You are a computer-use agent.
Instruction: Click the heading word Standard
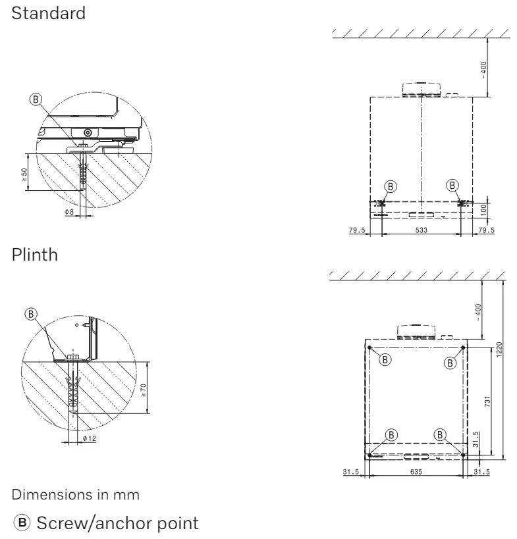tap(48, 13)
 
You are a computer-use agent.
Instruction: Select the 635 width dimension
tap(415, 471)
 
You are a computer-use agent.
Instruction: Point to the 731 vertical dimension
tap(487, 401)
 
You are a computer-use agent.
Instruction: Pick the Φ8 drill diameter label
tap(68, 212)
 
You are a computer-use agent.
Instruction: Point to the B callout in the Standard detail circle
tap(36, 99)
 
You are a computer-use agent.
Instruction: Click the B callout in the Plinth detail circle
tap(30, 313)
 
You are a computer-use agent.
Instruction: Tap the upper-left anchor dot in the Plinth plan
tap(370, 347)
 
